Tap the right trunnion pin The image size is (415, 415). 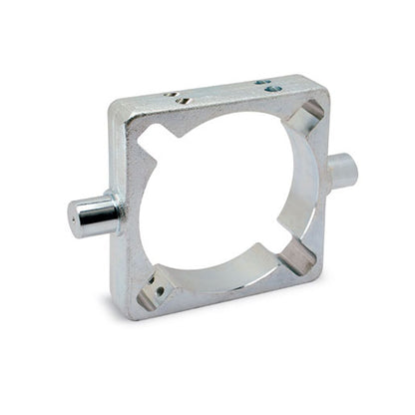[340, 170]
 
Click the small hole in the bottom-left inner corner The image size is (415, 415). [158, 290]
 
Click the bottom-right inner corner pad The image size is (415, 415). [298, 260]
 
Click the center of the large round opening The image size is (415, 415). [227, 200]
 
